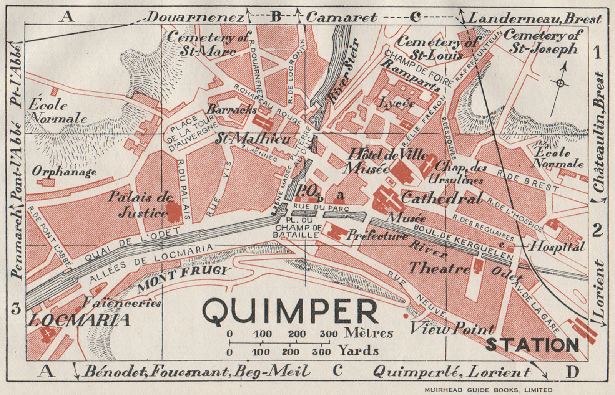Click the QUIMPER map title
coord(290,311)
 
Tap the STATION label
coord(532,345)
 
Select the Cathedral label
coord(441,198)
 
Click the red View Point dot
coord(405,316)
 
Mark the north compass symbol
coord(560,83)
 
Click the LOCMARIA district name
coord(79,320)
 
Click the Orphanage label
coord(64,171)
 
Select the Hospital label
coord(557,246)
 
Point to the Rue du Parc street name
coord(320,208)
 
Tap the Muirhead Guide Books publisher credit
coord(489,388)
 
